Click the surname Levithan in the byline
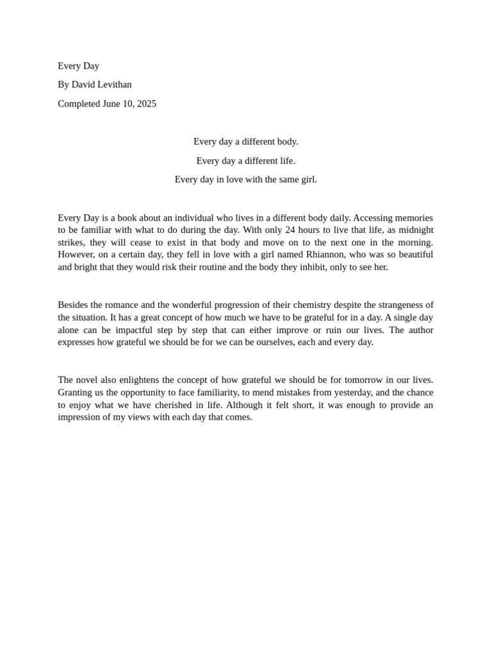114,85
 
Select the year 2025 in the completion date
146,104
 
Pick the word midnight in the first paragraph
414,230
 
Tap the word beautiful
413,255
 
